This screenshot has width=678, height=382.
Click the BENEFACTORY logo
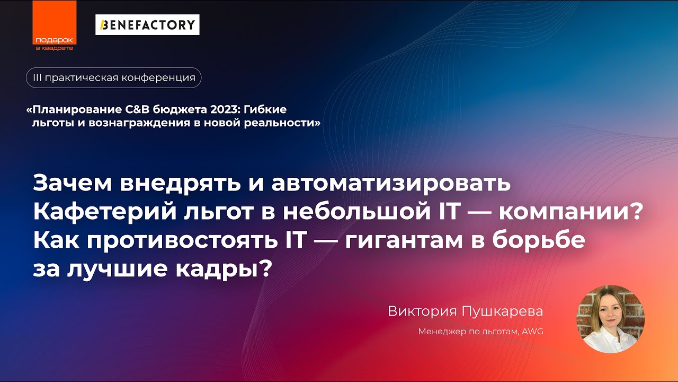coord(147,25)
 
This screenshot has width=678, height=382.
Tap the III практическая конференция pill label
coord(114,77)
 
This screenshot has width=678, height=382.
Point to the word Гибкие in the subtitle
coord(267,110)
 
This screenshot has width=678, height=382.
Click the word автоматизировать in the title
coord(391,184)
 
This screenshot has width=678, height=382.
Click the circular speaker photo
coord(610,319)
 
